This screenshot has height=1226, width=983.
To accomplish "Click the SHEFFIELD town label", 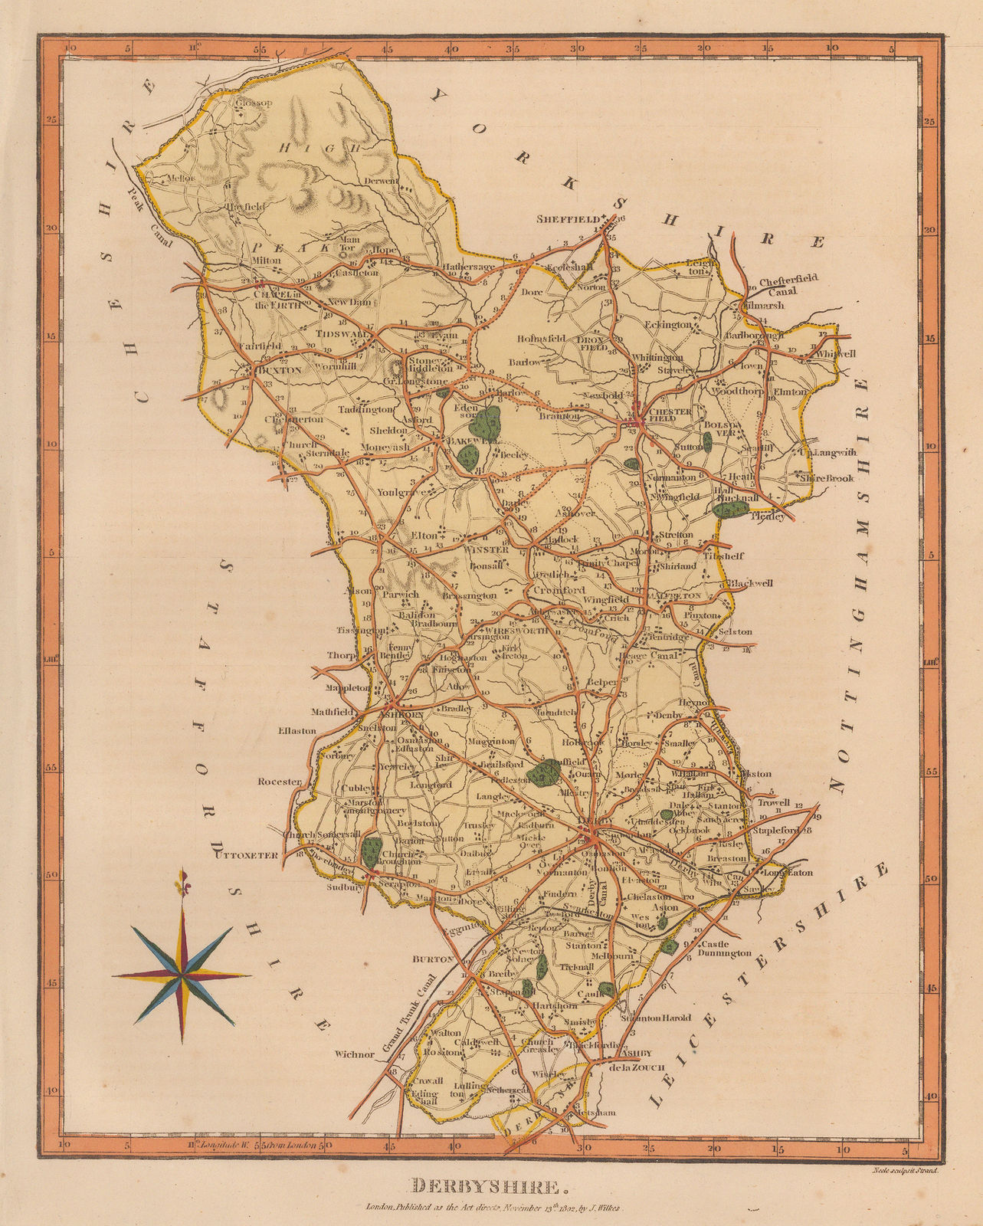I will tap(568, 219).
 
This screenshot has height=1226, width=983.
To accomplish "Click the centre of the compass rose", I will tap(182, 975).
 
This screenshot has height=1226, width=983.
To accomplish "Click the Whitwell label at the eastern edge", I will tap(835, 354).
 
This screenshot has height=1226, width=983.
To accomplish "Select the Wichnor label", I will tap(354, 1054).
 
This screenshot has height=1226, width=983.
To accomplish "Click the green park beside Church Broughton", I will tap(372, 852).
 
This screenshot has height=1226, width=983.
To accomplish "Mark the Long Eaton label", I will tap(786, 871).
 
